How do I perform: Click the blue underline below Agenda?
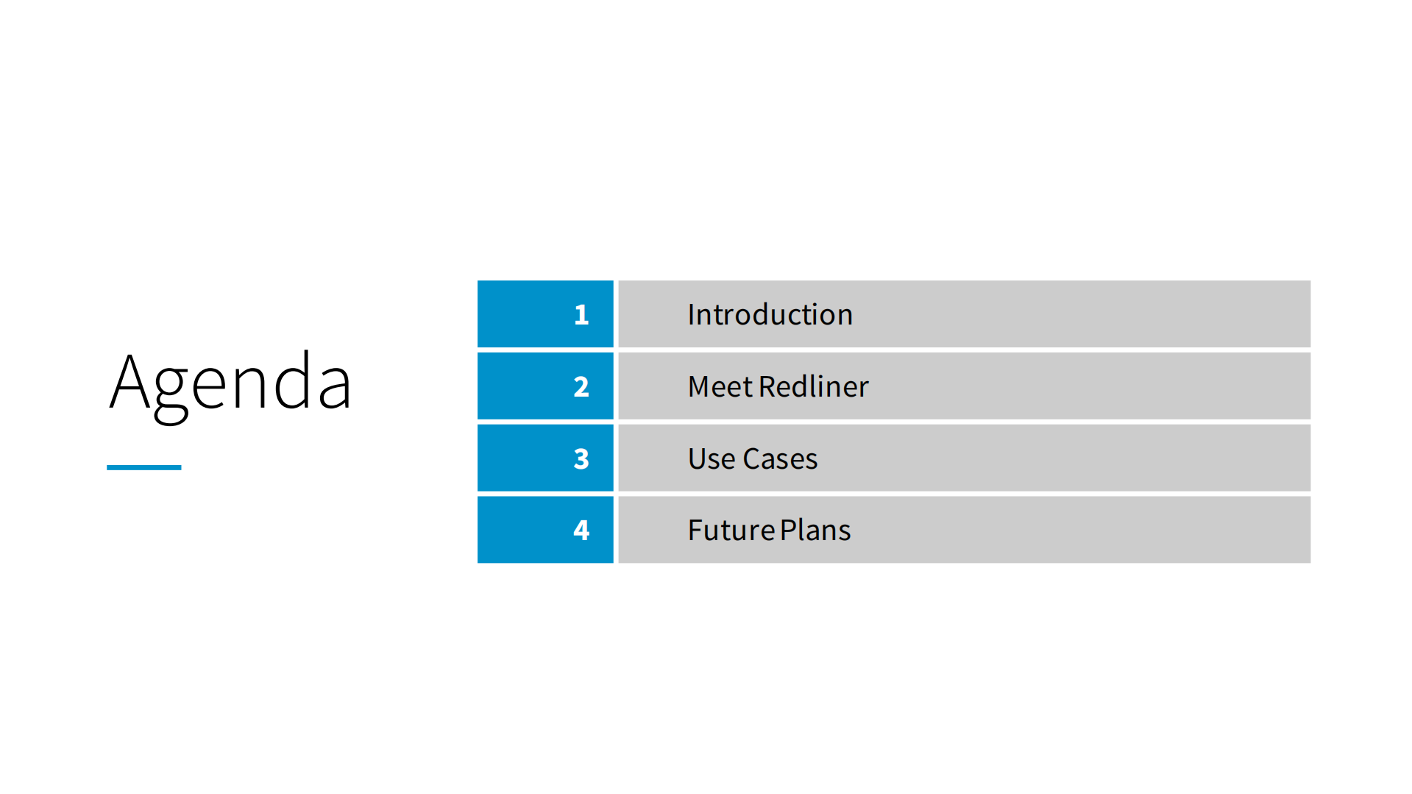(144, 467)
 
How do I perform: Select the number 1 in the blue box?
(581, 315)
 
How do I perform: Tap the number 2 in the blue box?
(581, 387)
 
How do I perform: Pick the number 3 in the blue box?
(581, 459)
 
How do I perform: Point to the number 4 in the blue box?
(581, 530)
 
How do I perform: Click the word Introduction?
(770, 315)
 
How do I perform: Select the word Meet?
(721, 387)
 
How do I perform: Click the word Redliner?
(814, 386)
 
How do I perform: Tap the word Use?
(712, 459)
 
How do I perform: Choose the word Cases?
(780, 459)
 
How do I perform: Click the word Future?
(731, 531)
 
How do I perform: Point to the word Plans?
(815, 530)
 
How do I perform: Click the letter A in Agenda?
(131, 381)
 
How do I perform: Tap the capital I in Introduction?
(692, 315)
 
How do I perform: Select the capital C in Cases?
(753, 459)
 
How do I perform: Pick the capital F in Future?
(695, 531)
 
